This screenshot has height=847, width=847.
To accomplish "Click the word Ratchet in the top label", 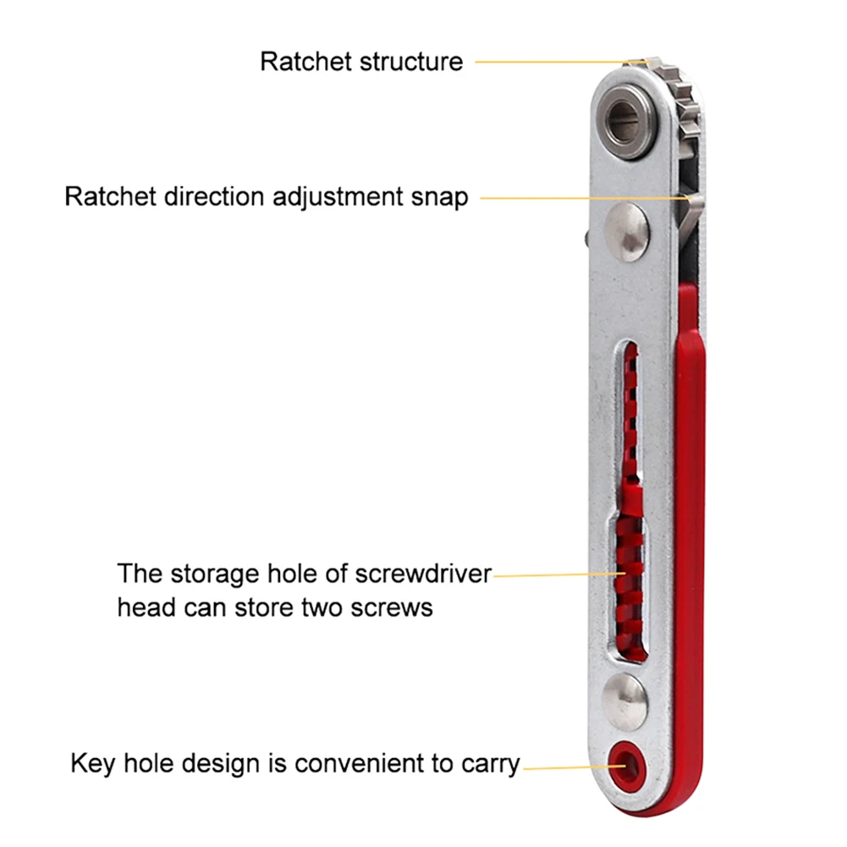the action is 305,62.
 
